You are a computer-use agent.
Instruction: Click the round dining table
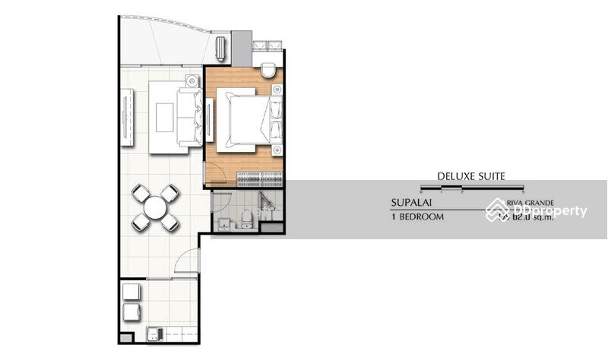point(156,207)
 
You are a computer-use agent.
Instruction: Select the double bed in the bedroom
point(245,119)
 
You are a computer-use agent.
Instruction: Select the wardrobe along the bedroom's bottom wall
point(259,179)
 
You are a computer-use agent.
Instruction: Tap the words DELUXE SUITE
point(470,176)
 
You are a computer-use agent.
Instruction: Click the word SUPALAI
point(412,204)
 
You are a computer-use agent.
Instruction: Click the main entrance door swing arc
point(187,263)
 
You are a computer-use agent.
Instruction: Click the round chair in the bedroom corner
point(268,71)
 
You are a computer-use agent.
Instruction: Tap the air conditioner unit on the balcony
point(220,48)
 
